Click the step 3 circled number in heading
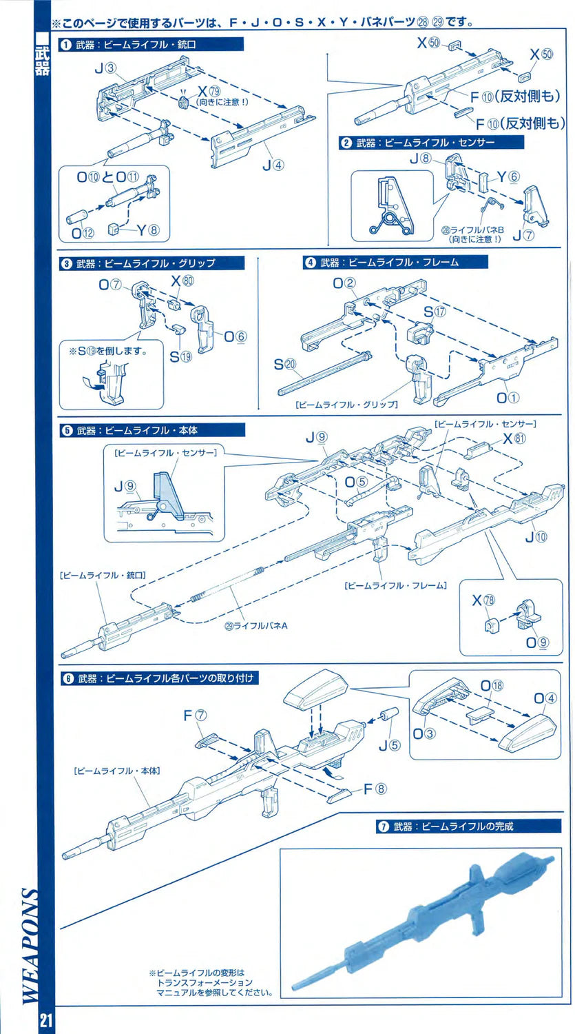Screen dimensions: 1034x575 pos(67,263)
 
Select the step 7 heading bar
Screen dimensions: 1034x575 pos(468,826)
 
